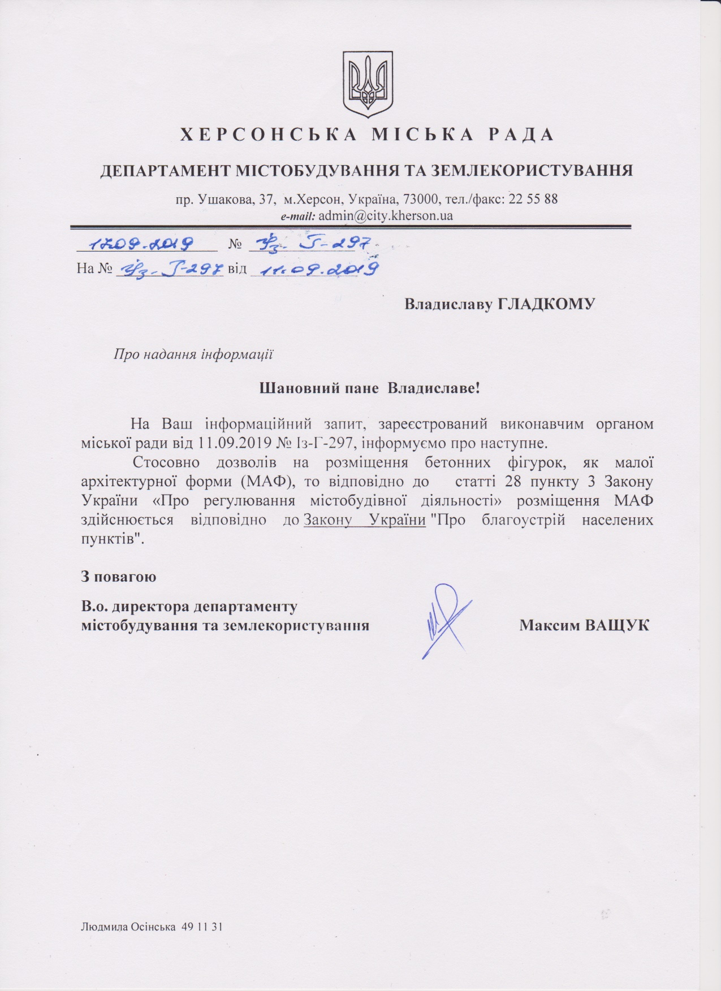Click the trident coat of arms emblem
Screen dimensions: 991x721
tap(368, 84)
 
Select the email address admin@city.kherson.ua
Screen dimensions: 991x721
tap(386, 215)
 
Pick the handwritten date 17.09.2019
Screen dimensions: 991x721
tap(144, 244)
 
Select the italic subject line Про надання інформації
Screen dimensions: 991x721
tap(193, 354)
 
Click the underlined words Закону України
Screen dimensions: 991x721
tap(365, 520)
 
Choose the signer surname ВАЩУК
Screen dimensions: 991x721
tap(617, 625)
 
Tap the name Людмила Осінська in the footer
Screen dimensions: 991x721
tap(128, 927)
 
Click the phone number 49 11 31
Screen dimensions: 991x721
tap(202, 927)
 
